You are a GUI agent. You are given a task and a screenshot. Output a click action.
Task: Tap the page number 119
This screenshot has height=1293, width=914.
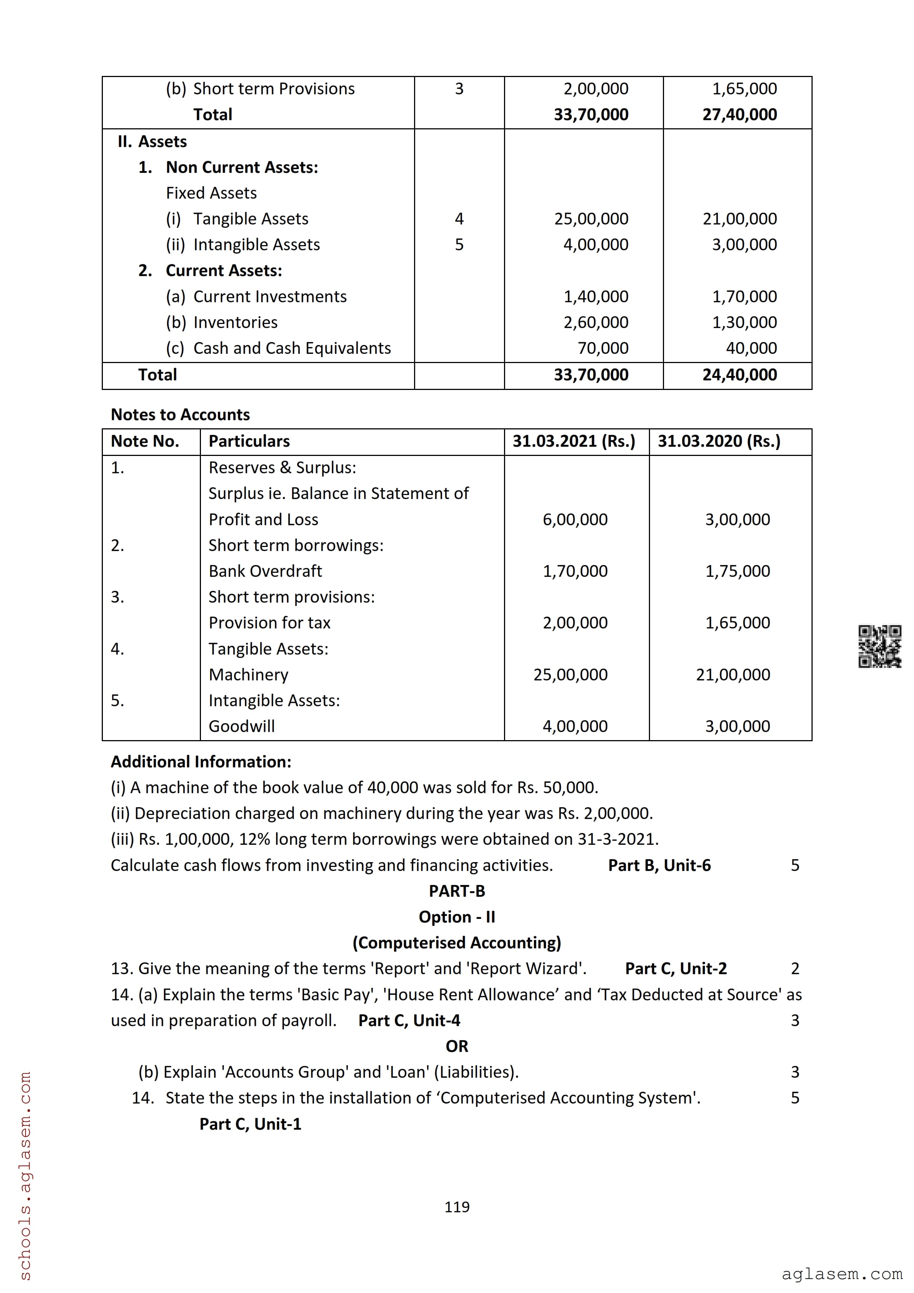coord(457,1207)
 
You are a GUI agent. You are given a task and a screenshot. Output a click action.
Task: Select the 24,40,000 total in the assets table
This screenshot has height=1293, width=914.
coord(740,375)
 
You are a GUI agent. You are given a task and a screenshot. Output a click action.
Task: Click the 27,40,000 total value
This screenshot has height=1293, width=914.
coord(740,115)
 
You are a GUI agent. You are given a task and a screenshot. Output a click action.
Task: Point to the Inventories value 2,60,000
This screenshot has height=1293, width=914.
coord(596,323)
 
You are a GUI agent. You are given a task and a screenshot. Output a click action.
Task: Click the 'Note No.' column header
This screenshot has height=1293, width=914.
coord(145,442)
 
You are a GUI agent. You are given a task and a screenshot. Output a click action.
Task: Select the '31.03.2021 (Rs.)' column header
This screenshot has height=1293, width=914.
coord(573,442)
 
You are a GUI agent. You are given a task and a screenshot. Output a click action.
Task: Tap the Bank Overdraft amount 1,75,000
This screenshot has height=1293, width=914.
coord(737,572)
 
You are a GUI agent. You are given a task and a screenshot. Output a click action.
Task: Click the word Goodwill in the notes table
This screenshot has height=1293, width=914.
coord(241,726)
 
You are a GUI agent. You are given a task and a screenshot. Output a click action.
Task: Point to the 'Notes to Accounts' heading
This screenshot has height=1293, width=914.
coord(180,415)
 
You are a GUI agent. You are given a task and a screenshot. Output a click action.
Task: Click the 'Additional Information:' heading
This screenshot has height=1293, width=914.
coord(201,762)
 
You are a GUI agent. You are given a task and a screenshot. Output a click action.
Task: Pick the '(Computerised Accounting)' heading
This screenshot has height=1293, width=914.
coord(457,943)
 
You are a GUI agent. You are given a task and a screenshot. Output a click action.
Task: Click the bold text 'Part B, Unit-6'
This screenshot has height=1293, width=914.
coord(659,865)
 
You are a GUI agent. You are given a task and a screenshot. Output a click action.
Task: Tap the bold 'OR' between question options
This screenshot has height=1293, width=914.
coord(457,1046)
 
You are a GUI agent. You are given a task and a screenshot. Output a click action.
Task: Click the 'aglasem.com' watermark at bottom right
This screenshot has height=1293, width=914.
coord(841,1273)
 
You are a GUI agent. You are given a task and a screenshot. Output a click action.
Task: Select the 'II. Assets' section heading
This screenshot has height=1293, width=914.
coord(152,142)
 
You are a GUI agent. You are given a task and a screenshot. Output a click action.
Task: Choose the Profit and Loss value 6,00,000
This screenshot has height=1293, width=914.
coord(575,520)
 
